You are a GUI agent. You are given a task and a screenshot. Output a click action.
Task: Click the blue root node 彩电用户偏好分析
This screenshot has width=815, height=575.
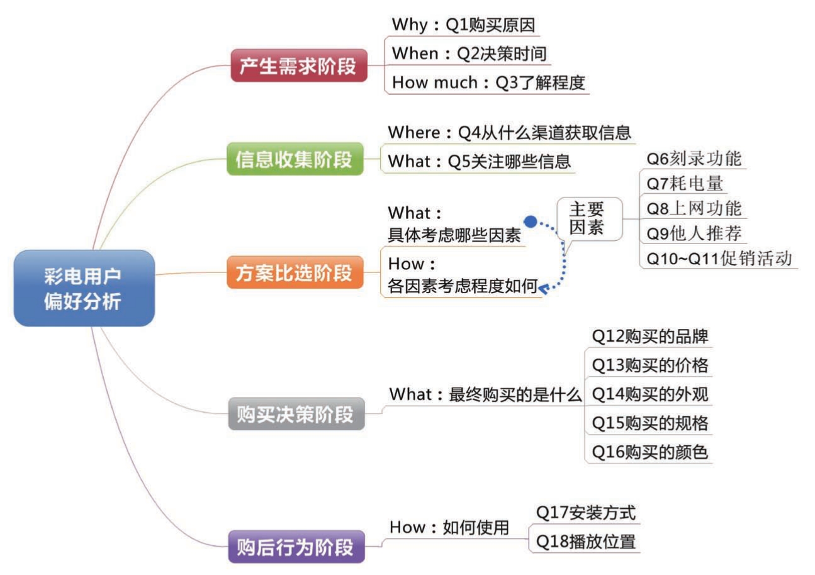[84, 288]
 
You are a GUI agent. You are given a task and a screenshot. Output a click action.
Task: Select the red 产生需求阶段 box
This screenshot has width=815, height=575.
[299, 65]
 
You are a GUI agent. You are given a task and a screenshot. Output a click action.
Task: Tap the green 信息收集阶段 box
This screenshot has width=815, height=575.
[295, 159]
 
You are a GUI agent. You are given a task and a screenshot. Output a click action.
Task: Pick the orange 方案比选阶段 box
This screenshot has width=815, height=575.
[295, 272]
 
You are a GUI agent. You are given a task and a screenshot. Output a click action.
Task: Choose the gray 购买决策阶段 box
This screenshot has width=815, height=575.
[296, 414]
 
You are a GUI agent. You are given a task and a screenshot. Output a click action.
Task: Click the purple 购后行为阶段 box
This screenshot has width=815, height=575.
[296, 547]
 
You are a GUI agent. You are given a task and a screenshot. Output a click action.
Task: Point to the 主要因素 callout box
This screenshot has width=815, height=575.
[590, 219]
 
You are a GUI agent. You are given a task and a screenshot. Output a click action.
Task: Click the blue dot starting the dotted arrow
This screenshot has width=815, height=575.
[530, 221]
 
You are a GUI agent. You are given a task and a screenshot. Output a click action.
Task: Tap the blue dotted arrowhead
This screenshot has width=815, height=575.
[543, 289]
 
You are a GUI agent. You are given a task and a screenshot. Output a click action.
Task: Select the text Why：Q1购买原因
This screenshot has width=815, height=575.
[464, 25]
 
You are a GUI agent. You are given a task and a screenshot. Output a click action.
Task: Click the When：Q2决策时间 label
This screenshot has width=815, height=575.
[469, 54]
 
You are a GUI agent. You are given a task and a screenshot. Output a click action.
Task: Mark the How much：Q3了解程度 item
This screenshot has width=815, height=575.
[488, 82]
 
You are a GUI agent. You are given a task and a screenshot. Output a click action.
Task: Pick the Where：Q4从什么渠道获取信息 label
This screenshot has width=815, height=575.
[509, 133]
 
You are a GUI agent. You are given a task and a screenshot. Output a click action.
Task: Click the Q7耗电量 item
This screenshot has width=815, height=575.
[685, 184]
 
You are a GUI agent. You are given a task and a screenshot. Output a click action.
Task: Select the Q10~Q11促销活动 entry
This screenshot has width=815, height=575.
[719, 259]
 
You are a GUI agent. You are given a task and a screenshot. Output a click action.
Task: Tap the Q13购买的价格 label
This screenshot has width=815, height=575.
[650, 365]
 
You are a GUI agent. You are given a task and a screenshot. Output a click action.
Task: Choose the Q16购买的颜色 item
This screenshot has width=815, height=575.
[650, 452]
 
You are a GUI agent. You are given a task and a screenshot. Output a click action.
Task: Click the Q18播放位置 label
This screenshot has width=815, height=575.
[586, 542]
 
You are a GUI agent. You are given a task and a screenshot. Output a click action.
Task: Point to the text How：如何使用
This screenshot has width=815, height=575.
[449, 527]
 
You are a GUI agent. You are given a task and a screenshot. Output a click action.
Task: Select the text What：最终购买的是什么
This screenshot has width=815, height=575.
[485, 394]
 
